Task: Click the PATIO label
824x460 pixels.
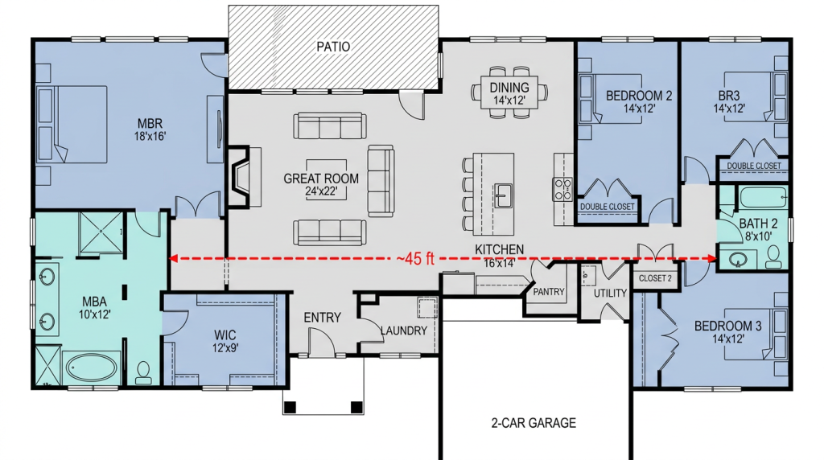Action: pos(333,47)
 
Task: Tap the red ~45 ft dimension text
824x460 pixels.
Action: pos(415,258)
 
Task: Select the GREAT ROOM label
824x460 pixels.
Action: pos(321,179)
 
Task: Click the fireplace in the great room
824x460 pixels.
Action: pos(244,177)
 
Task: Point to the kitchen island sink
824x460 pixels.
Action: pos(502,195)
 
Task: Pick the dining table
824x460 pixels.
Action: pos(509,92)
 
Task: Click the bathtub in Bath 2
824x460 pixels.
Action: pos(763,199)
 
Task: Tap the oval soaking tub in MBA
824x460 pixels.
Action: pos(92,368)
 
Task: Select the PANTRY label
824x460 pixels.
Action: pos(548,292)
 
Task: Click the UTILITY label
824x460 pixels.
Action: pos(610,293)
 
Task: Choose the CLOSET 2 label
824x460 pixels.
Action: pos(655,278)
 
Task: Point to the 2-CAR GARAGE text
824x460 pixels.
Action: pos(534,423)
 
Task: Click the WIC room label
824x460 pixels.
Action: pos(225,335)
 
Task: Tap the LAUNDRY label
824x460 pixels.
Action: pos(404,331)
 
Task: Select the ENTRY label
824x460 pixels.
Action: pos(322,317)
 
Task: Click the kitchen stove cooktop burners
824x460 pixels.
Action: pos(562,189)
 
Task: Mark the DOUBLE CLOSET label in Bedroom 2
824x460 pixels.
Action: pos(607,207)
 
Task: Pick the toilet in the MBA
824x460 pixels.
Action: pos(143,372)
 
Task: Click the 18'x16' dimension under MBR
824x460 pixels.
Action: pos(150,137)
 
